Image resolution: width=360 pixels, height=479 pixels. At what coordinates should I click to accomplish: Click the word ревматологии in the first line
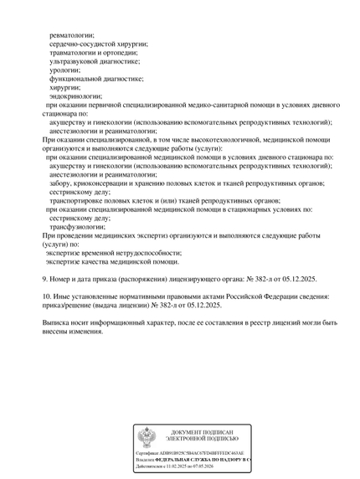click(x=71, y=35)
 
